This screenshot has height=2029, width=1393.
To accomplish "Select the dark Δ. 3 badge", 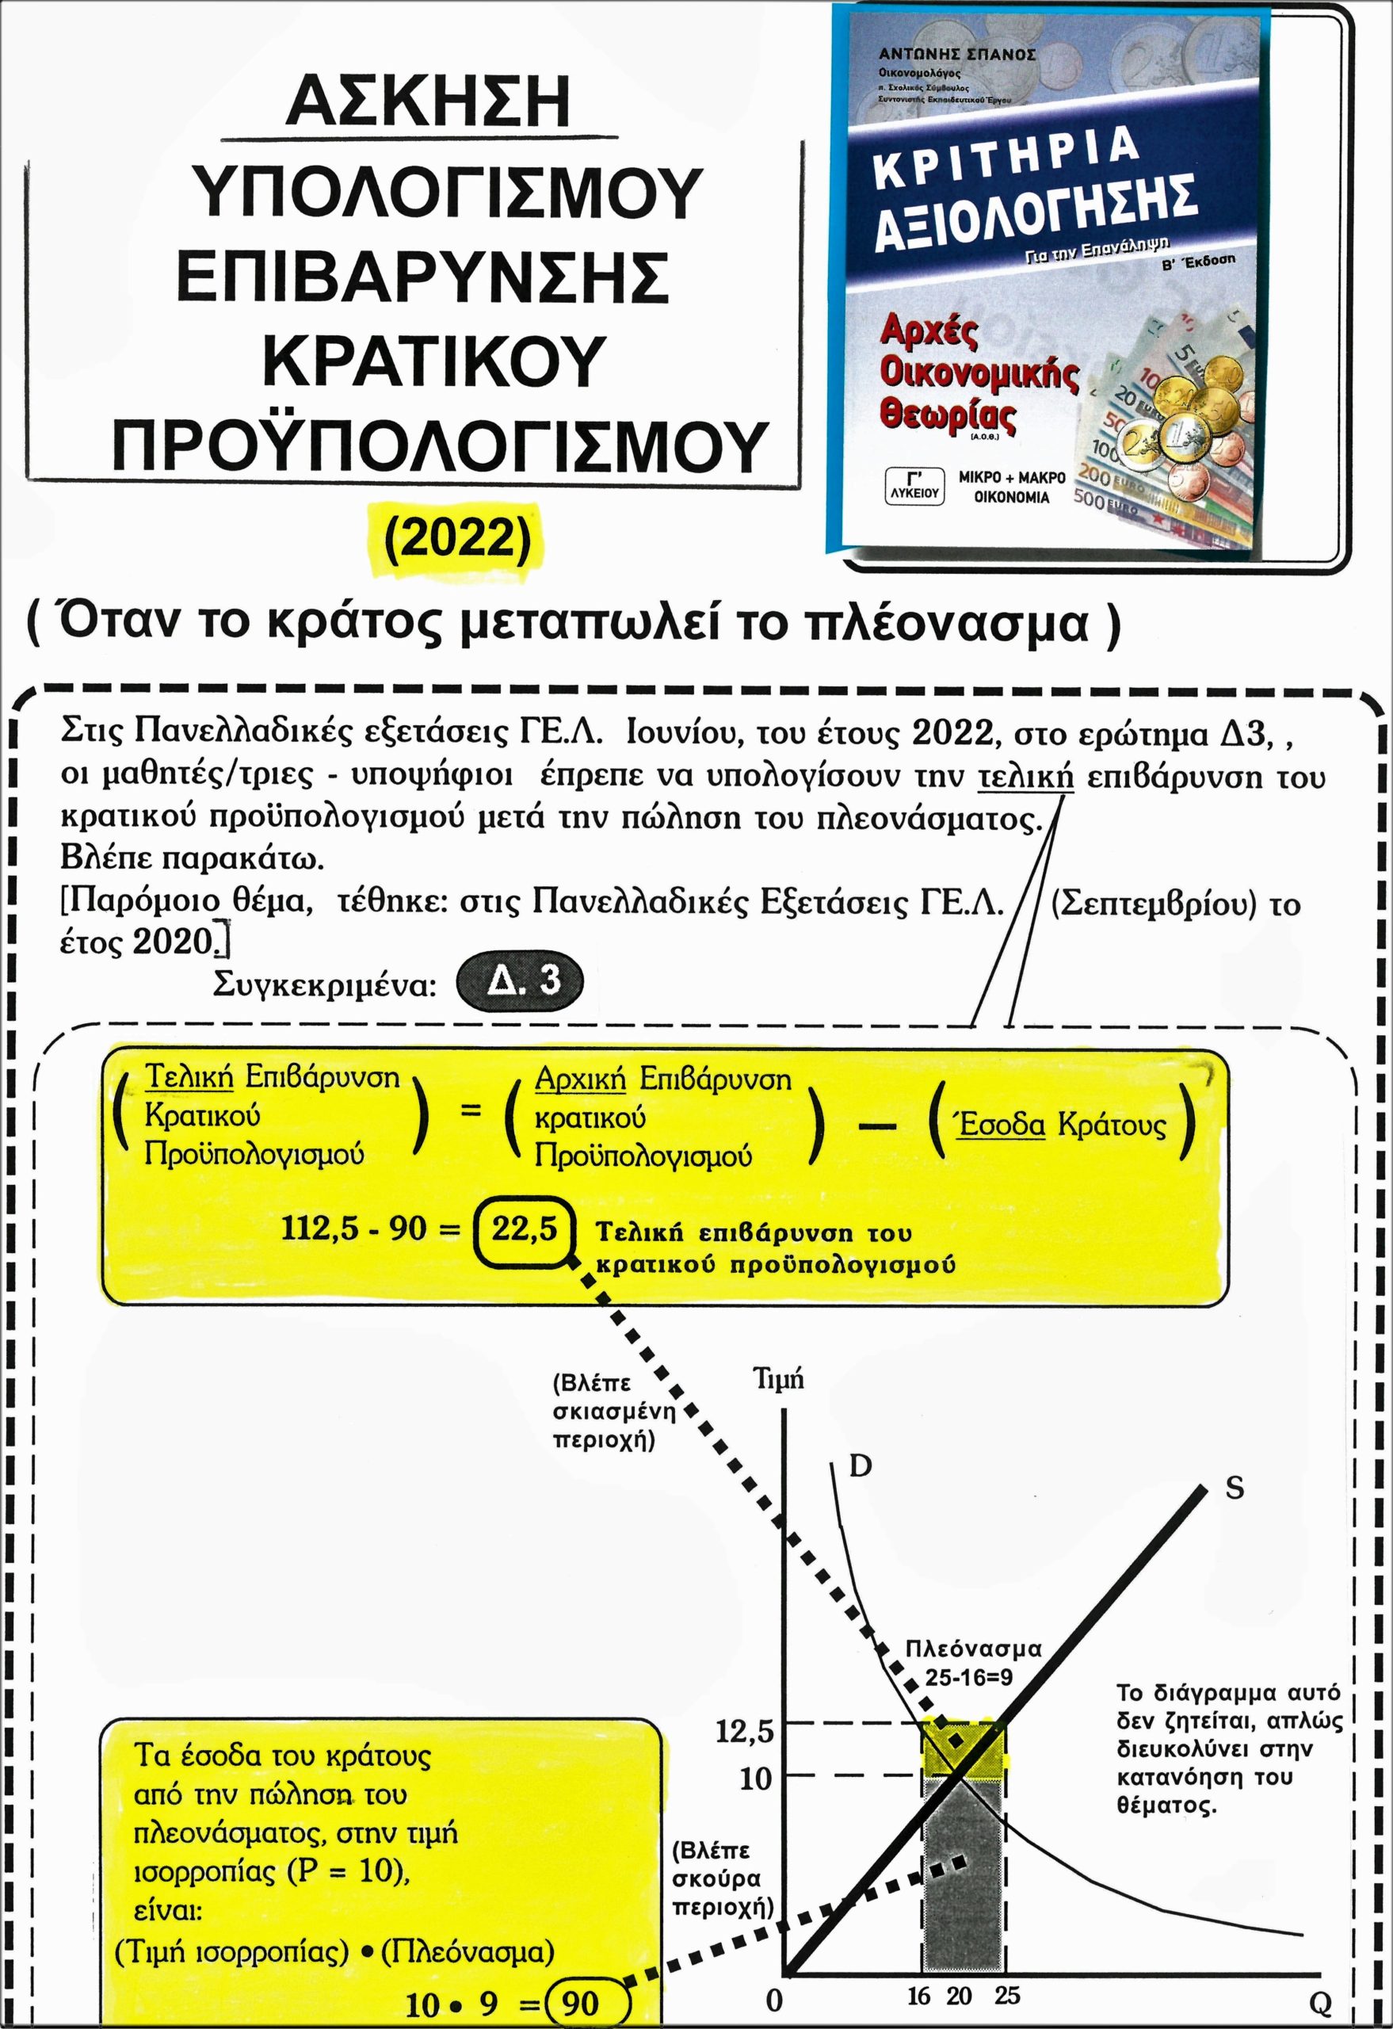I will (519, 980).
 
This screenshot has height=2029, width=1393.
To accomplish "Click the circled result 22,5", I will (524, 1228).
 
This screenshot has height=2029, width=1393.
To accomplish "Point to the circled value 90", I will (580, 2002).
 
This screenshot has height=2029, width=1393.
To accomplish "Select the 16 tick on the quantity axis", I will (918, 1996).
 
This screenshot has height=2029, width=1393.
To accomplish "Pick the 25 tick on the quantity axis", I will (1006, 1996).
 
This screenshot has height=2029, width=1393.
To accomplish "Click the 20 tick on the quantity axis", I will (960, 1996).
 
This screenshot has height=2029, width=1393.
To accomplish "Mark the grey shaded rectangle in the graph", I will (962, 1877).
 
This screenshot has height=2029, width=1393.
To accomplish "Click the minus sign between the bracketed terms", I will (877, 1126).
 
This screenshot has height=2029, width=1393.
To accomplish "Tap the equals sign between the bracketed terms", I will (471, 1111).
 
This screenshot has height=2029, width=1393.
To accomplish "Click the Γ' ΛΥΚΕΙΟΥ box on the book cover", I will (913, 487).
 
